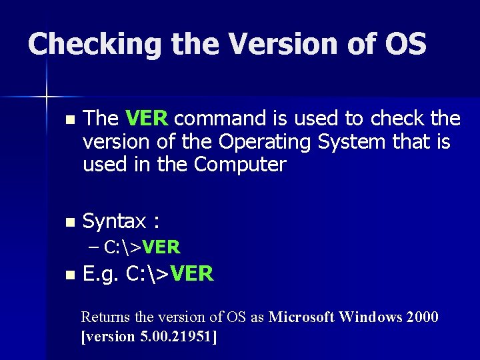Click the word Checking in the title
[x=95, y=45]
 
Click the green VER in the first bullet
[x=147, y=119]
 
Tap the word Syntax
[x=114, y=221]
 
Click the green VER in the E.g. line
[x=191, y=273]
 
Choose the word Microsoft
[x=301, y=317]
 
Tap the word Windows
[x=369, y=317]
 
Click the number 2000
[x=423, y=317]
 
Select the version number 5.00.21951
[x=174, y=336]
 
